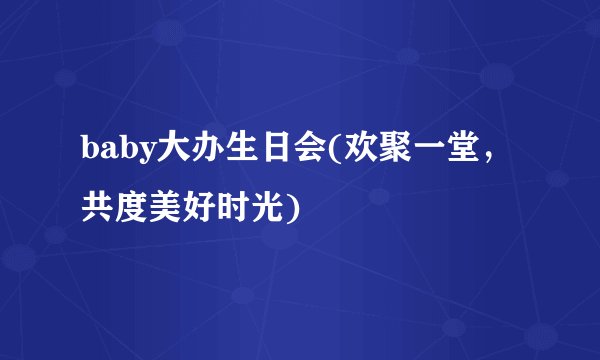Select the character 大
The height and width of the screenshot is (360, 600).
[x=172, y=150]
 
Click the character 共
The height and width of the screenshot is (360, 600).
[x=99, y=208]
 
